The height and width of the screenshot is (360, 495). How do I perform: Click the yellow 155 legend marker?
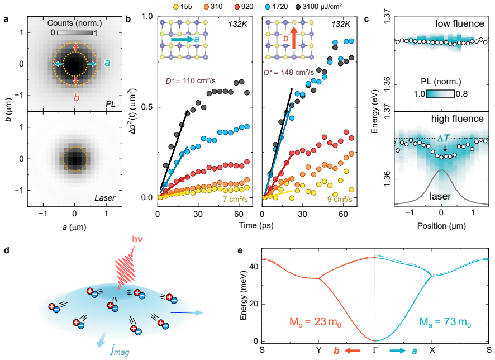pos(177,7)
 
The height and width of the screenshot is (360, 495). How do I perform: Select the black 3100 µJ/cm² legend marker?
pos(297,7)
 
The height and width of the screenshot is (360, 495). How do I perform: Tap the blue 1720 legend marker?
pos(268,7)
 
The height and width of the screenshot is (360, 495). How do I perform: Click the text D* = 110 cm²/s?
pos(191,81)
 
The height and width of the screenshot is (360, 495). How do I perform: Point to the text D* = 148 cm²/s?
pos(288,73)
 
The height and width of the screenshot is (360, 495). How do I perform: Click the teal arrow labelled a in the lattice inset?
pos(183,40)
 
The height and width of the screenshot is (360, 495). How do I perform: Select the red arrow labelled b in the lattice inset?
pos(294,38)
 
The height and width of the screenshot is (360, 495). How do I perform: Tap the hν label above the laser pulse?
pos(137,239)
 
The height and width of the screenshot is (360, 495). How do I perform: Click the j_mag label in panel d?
pos(120,350)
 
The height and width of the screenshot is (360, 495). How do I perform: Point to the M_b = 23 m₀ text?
pos(315,322)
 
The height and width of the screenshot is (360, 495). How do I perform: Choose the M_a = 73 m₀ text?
pos(445,322)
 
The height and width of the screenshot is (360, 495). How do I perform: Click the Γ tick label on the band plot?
pos(375,350)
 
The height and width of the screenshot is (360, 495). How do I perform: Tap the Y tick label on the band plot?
pos(319,350)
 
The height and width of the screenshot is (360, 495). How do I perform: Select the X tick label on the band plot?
pos(432,350)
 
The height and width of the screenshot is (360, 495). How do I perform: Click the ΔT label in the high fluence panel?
pos(443,138)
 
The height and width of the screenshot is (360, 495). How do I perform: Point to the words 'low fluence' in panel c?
pos(460,23)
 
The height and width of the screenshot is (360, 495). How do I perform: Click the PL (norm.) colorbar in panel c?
pos(440,94)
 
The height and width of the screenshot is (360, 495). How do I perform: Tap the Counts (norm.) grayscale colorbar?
pos(75,33)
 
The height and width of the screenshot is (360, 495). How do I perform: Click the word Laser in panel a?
pos(105,198)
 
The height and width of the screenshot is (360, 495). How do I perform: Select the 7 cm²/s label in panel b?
pos(236,199)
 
